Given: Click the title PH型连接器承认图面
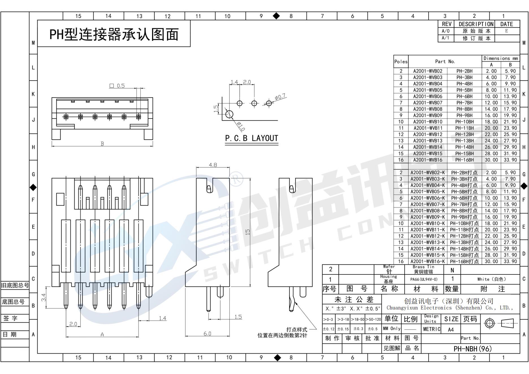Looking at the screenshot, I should coord(114,34).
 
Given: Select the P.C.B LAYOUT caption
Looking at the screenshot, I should coord(252,138).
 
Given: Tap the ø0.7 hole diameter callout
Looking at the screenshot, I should coord(280,97).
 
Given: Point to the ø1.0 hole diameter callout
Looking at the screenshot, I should coord(240,126).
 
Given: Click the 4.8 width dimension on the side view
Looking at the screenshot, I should coord(213,165).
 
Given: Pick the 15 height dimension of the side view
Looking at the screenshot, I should coord(248,232).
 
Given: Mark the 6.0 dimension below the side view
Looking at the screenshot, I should coord(207,334).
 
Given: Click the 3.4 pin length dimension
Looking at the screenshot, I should coord(44,297).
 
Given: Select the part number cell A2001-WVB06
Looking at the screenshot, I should coord(427,96).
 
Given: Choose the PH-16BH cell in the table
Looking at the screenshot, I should coord(464,160).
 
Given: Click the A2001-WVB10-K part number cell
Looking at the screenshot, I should coord(427,223).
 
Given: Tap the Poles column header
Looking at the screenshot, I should coord(401,62).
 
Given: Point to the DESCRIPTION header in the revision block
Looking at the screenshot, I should coord(476,24).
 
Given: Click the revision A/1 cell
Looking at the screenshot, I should coord(446,38).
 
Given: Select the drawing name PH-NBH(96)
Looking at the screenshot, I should coord(472,349).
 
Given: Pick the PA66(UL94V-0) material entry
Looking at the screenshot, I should coord(424,279).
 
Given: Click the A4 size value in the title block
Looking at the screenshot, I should coord(451,329).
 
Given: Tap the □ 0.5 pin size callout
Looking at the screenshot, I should coord(117,86).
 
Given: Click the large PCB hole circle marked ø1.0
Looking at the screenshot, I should coord(229,114).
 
